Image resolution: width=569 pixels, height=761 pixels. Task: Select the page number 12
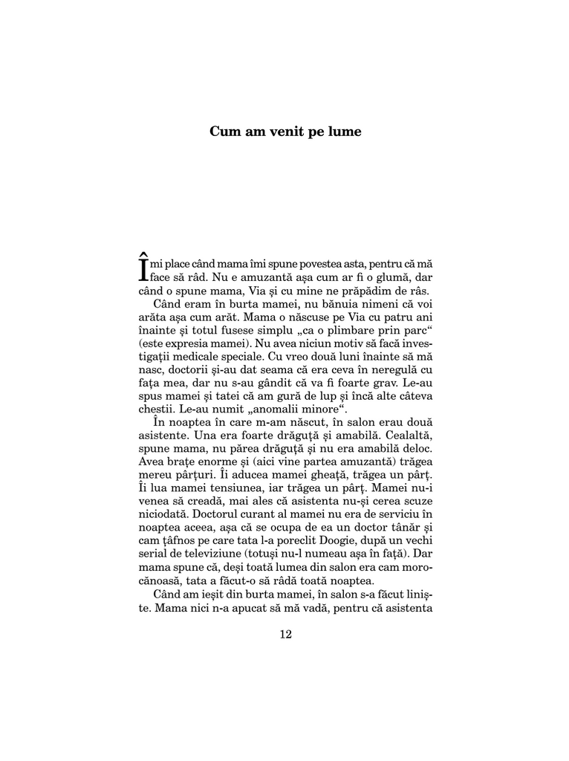pos(284,634)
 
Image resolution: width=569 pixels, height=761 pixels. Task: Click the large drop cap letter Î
pos(144,266)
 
